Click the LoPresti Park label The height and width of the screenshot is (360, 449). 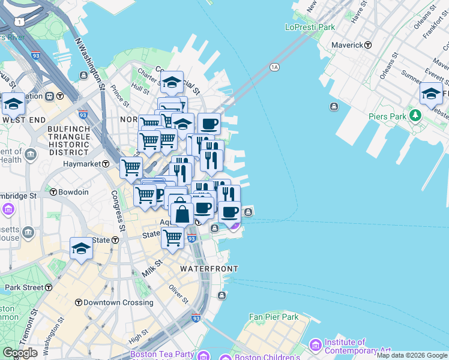point(310,27)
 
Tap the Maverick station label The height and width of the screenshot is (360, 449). point(348,45)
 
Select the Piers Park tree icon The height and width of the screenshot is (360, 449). point(414,115)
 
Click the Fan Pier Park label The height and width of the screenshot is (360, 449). point(274,316)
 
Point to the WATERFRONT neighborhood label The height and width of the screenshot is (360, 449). point(209,269)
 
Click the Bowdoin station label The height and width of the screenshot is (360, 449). point(73,192)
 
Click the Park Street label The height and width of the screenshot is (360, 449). point(25,287)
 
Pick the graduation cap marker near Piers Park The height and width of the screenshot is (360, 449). point(430,94)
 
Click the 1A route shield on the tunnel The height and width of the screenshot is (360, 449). point(275,67)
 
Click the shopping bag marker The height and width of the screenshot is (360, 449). point(182,213)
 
